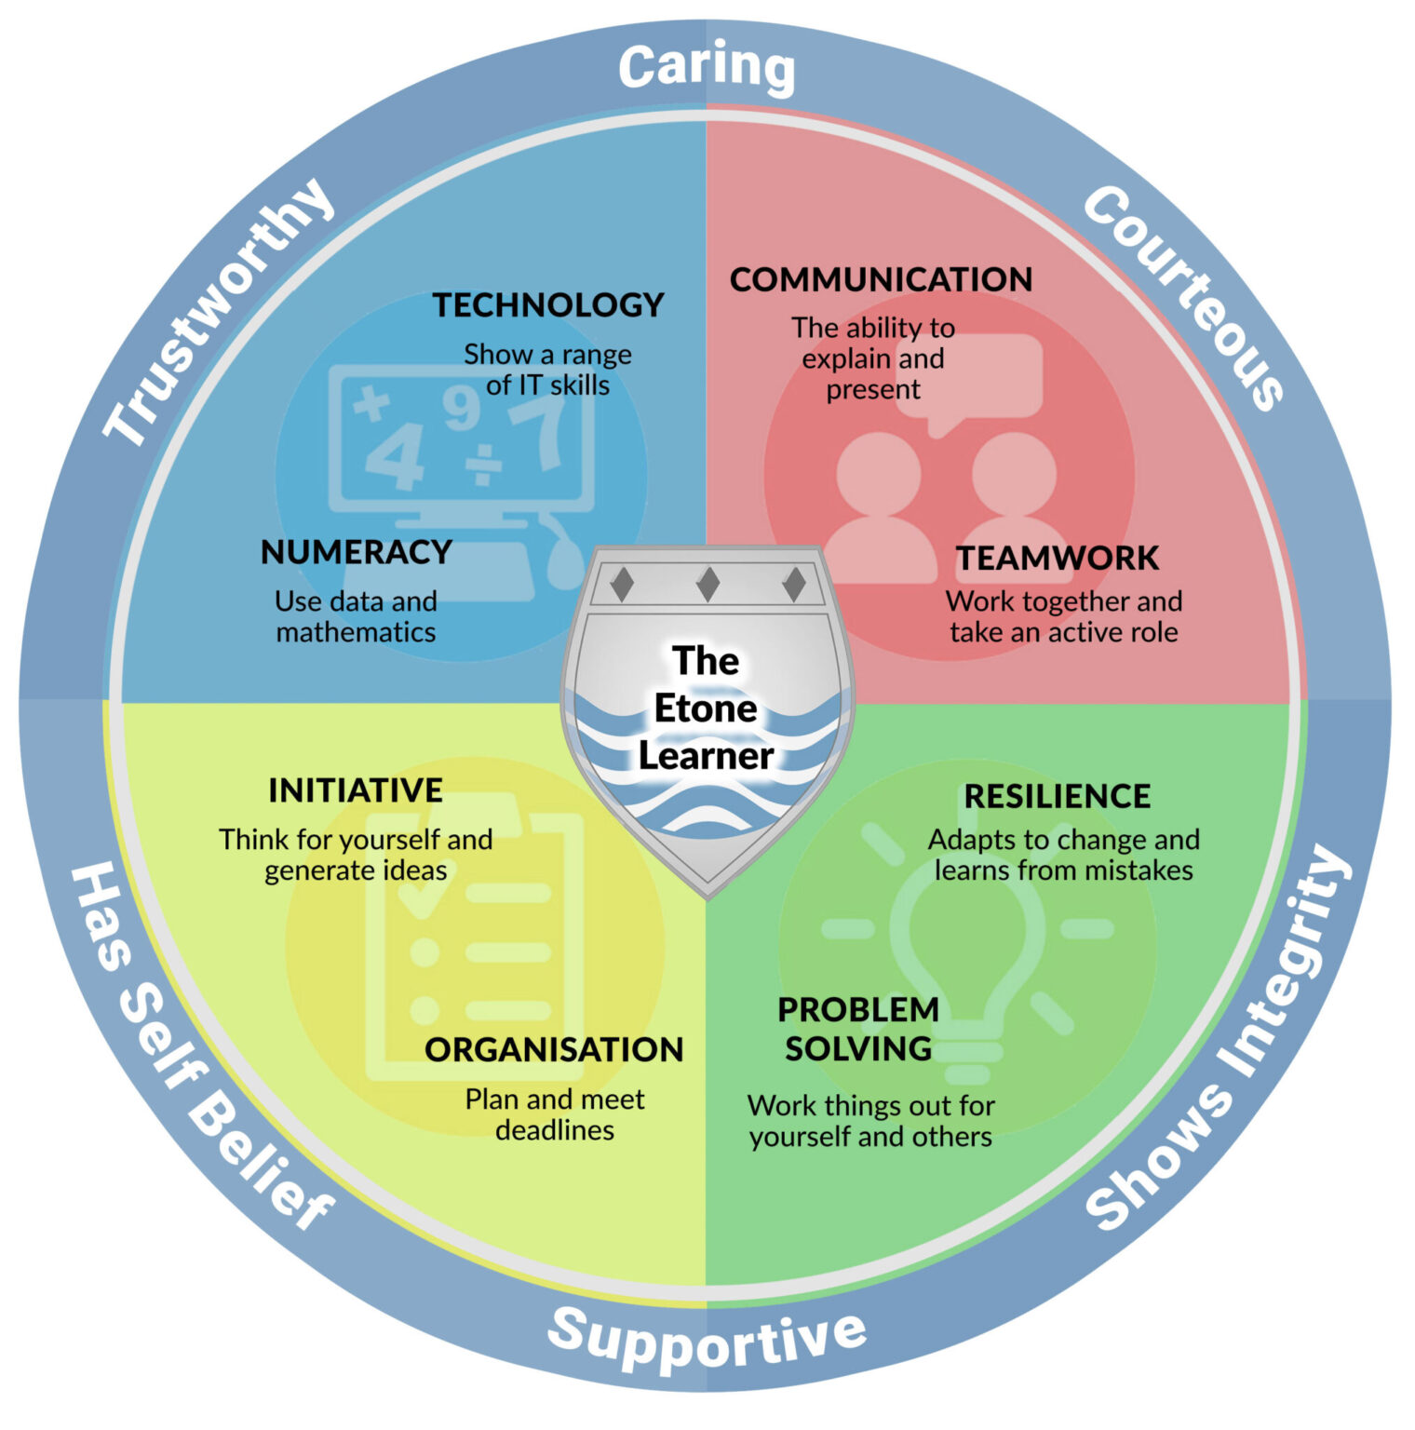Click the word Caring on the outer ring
707,67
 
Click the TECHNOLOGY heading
547,305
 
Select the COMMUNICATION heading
881,279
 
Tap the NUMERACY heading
356,552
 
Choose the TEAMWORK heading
1058,558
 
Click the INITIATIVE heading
356,790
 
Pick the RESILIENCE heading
1058,796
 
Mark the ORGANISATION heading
554,1049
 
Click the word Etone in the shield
706,708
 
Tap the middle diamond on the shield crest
707,585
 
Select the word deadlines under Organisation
555,1130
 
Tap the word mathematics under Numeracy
356,632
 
